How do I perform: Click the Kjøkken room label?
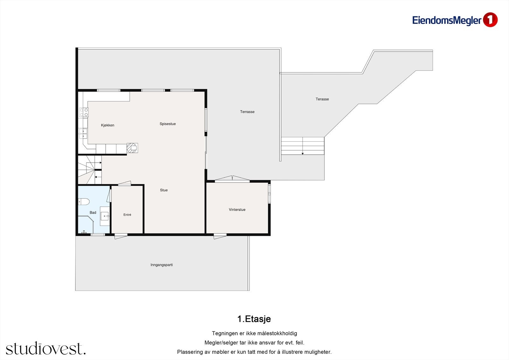(x=108, y=125)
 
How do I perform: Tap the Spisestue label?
(x=168, y=124)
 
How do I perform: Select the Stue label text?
(x=164, y=190)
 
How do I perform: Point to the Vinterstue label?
(x=237, y=209)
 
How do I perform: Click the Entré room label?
(x=127, y=215)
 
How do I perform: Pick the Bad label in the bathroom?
(x=93, y=212)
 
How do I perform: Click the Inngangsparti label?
(x=162, y=265)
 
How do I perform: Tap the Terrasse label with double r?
(x=247, y=112)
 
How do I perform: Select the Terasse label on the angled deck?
(x=322, y=99)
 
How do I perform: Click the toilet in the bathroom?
(x=84, y=201)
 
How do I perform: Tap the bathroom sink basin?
(x=105, y=216)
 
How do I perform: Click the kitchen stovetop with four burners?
(x=84, y=112)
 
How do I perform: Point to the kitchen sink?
(x=83, y=134)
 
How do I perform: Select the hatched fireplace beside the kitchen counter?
(x=132, y=148)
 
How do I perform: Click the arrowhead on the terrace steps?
(x=303, y=154)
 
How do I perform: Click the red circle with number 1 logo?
(x=490, y=20)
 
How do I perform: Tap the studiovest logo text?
(x=46, y=348)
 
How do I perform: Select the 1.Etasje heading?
(x=254, y=319)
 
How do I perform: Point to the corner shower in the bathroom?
(x=86, y=225)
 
